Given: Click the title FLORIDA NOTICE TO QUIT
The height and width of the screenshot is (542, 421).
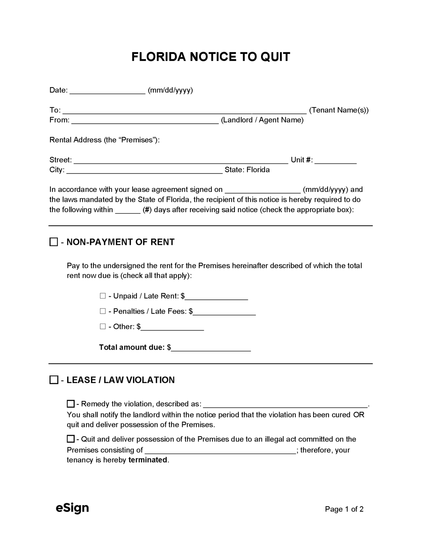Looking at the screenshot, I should tap(210, 57).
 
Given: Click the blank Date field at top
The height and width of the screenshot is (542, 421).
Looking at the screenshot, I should tap(108, 90).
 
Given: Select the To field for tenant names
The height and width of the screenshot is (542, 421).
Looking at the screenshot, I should tap(184, 110).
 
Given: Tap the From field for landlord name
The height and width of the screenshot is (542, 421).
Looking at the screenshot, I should tap(145, 120).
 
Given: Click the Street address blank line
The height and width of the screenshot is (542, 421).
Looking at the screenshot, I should tap(181, 160).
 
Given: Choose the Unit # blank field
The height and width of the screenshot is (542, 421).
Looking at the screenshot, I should tap(335, 160).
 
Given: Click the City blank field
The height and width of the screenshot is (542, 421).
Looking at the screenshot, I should tap(145, 170).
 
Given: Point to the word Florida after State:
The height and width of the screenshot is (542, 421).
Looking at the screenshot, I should tap(258, 170).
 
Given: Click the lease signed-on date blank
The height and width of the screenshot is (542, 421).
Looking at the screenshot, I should tap(263, 190).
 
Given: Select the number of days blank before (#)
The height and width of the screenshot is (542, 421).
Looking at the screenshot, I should tap(128, 210).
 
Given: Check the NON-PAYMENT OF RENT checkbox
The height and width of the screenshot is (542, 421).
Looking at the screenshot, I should tap(54, 242).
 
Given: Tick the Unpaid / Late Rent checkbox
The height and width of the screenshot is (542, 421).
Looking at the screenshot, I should tap(103, 296).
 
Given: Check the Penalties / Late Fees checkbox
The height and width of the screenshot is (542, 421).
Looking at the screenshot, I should tap(103, 311).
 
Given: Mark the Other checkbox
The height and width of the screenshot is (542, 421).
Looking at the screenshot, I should tap(103, 326).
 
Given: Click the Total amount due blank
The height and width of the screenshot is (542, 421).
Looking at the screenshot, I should tap(211, 348).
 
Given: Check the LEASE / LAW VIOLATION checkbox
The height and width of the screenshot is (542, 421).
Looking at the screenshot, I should tap(54, 380).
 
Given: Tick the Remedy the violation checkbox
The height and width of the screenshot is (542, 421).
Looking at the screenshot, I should tap(71, 404).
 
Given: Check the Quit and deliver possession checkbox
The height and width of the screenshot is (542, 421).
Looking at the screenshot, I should tap(71, 439).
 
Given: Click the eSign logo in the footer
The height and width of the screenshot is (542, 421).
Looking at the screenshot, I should tap(72, 508).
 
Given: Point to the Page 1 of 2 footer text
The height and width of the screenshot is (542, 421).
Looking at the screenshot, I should tap(344, 509).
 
